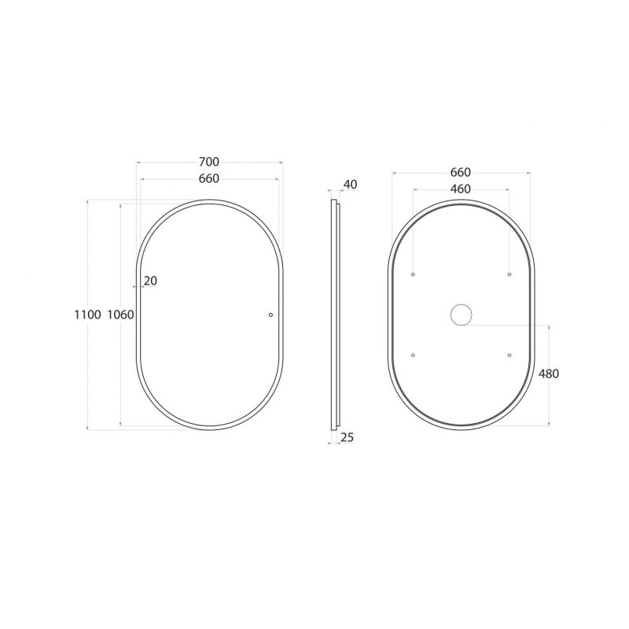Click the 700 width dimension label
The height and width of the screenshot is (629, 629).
[x=209, y=162]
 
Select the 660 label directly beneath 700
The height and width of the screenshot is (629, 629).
[x=209, y=178]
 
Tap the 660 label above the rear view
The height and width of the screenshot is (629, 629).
[x=460, y=172]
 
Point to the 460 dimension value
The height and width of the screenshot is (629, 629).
[x=460, y=189]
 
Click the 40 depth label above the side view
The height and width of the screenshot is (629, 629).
[x=350, y=185]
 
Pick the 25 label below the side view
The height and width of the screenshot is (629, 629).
[x=347, y=437]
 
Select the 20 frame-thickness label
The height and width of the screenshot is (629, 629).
[x=150, y=281]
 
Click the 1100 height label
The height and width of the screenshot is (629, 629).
[x=87, y=314]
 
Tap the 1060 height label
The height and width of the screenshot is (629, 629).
[x=120, y=314]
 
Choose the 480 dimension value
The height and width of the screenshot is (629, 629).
[x=548, y=373]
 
